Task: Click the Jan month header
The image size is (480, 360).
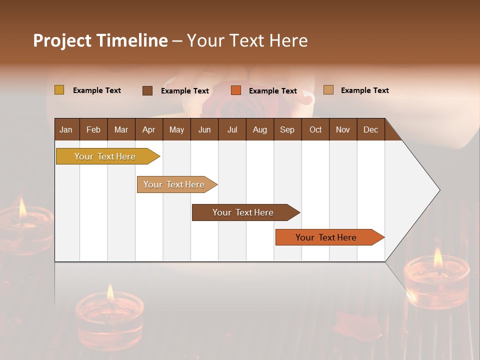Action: [x=66, y=130]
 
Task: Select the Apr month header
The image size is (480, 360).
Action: [x=149, y=130]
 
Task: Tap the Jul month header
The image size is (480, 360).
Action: [x=232, y=130]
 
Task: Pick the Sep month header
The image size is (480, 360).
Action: [x=287, y=130]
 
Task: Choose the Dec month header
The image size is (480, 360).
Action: [x=370, y=130]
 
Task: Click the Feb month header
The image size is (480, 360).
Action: [x=93, y=130]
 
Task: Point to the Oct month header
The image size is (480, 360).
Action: [x=315, y=130]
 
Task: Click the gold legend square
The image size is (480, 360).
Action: [x=59, y=90]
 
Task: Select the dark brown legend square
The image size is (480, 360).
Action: [x=147, y=90]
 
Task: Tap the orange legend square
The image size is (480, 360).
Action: [x=236, y=90]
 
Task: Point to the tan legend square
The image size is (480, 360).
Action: [x=328, y=90]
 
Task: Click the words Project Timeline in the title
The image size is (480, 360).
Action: [x=100, y=40]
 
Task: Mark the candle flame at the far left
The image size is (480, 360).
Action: [x=22, y=208]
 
